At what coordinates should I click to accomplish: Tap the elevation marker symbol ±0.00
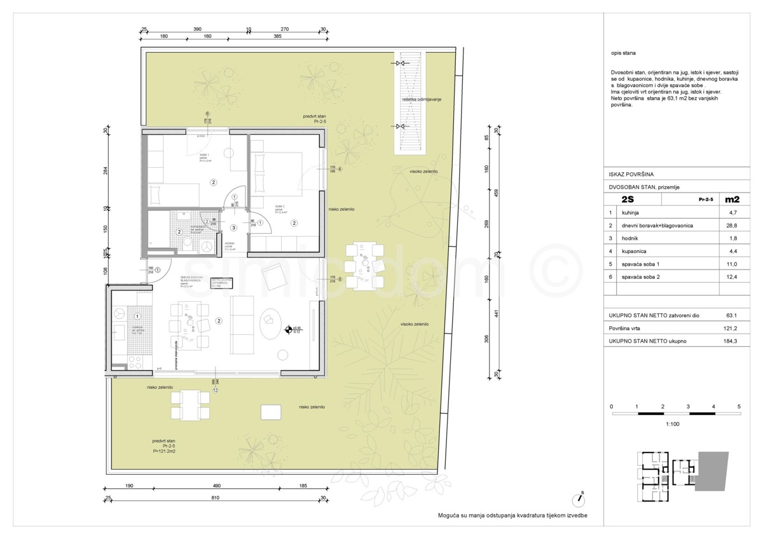289,329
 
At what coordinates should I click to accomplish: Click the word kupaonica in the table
635,252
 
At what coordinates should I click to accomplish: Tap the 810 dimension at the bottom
214,499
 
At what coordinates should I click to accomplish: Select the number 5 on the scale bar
739,406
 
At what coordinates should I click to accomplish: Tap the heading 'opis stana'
623,53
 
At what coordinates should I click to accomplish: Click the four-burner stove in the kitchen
135,362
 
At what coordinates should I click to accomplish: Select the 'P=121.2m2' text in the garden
164,451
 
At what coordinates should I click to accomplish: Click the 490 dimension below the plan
216,486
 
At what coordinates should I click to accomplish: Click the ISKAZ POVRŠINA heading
631,174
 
